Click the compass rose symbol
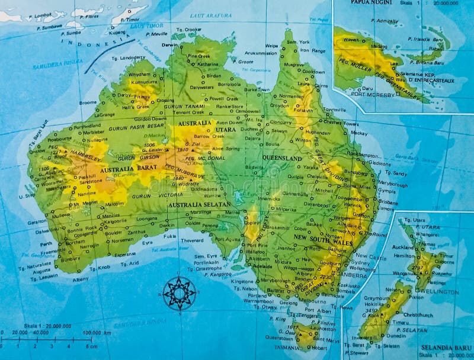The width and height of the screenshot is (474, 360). pos(180,292)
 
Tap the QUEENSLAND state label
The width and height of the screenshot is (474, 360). pos(282,159)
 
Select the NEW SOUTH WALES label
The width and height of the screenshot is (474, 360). pos(324,243)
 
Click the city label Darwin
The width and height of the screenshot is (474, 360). pos(170,45)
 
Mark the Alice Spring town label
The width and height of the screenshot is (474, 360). pos(226,149)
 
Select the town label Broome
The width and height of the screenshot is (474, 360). pos(88,102)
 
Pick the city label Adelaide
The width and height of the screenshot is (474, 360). pos(264,266)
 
